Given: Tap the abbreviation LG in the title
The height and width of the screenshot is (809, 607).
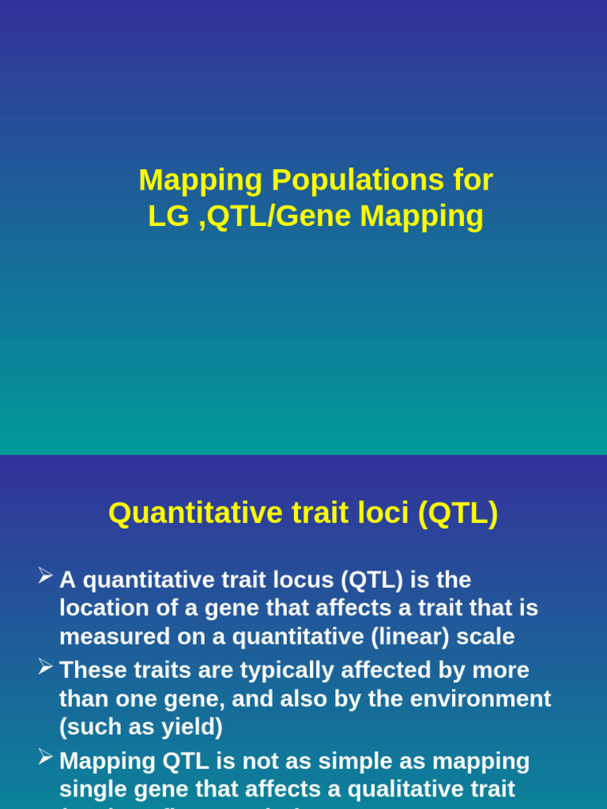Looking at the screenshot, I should [168, 216].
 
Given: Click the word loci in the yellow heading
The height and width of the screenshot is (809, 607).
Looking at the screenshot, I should [379, 513].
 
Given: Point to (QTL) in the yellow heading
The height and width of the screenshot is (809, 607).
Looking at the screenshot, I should [458, 513].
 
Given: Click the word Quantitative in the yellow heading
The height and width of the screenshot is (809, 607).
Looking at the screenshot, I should [185, 513].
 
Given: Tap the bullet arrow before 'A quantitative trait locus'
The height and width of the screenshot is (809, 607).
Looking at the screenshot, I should [46, 576].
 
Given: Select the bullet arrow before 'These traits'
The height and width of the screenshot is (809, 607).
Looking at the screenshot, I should [46, 667].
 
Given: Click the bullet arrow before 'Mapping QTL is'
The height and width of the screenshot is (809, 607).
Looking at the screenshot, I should [46, 758].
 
